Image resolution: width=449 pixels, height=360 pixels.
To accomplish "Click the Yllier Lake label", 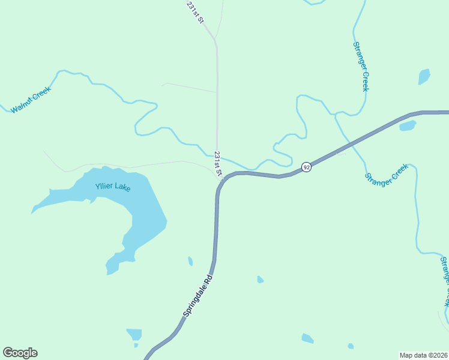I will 113,187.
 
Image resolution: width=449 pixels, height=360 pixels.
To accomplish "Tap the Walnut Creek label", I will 31,100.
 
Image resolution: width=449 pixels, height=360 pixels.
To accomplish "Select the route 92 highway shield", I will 306,167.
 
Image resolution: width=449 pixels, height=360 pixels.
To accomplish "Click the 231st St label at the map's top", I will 195,12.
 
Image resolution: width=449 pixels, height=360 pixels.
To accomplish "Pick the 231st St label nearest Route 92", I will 218,164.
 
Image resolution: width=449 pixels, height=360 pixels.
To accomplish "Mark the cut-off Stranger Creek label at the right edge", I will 445,280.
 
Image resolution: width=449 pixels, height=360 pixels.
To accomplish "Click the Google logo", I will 20,353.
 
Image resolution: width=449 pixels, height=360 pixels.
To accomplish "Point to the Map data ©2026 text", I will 423,355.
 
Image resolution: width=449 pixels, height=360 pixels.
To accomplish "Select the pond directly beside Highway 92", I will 408,126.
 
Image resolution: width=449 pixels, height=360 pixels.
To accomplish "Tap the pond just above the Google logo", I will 134,334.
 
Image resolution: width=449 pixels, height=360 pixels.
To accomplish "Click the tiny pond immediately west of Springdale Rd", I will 190,261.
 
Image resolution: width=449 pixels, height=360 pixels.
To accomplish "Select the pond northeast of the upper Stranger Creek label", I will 424,77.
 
